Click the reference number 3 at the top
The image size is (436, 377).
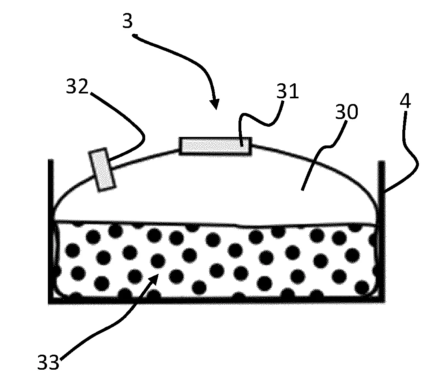(128, 21)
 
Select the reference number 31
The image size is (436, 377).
(288, 91)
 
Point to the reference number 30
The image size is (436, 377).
(346, 112)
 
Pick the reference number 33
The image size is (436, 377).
(48, 362)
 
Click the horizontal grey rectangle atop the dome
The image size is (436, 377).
(215, 146)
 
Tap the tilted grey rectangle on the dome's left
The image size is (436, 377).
(102, 170)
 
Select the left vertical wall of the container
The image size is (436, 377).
(51, 231)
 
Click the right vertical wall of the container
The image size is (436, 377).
(381, 232)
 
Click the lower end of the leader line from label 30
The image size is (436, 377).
(302, 190)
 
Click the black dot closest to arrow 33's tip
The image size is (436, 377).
(158, 261)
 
